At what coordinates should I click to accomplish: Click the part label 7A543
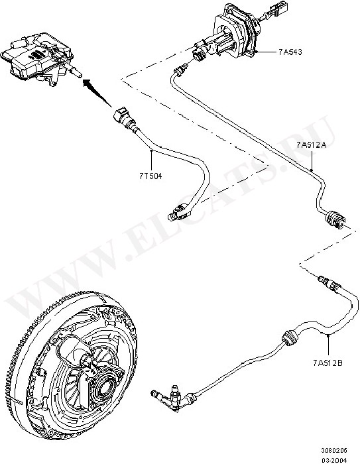click(290, 52)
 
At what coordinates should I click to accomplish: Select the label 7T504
click(151, 176)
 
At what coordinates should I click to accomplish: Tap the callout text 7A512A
click(311, 145)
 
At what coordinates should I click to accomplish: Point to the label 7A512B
click(328, 363)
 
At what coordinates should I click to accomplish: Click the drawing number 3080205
click(334, 450)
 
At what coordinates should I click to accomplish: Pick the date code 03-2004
click(334, 460)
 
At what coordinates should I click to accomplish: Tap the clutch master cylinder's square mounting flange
click(234, 36)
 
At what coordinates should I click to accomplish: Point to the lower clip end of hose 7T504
click(179, 213)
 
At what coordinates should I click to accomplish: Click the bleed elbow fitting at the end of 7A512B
click(172, 397)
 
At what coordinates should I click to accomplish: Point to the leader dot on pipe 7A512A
click(312, 170)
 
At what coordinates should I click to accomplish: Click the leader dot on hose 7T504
click(151, 150)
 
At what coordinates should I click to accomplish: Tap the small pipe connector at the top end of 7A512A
click(180, 70)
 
